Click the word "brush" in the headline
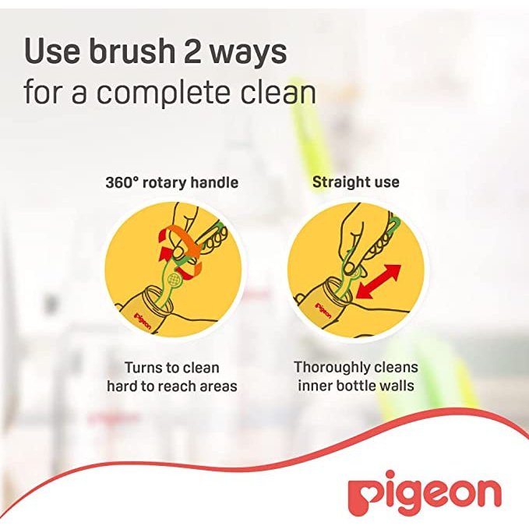(125, 51)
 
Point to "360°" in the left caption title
(123, 183)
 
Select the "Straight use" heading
(355, 182)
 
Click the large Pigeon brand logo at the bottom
(424, 494)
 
